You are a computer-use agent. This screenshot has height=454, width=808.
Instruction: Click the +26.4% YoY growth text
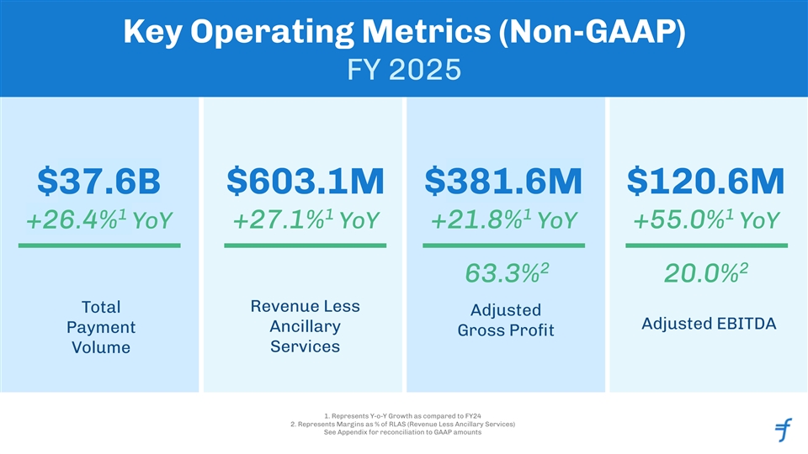click(x=99, y=220)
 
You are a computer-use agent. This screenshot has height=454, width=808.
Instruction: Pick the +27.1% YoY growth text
click(x=305, y=220)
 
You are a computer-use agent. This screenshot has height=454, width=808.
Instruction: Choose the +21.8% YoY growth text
click(x=503, y=220)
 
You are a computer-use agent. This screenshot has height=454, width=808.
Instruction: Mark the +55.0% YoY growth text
click(x=706, y=220)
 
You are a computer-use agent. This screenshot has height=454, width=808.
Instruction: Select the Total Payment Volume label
click(x=100, y=326)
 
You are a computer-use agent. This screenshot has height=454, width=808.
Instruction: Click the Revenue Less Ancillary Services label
click(x=305, y=325)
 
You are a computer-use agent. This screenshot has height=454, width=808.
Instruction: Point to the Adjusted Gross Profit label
click(x=505, y=320)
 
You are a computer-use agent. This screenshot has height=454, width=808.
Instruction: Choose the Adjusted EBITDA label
click(x=708, y=324)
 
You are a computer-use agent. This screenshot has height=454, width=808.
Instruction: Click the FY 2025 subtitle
click(x=404, y=68)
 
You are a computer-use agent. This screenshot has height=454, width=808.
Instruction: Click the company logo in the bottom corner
click(x=783, y=430)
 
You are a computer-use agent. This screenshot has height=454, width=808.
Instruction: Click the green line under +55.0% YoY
click(x=706, y=245)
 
